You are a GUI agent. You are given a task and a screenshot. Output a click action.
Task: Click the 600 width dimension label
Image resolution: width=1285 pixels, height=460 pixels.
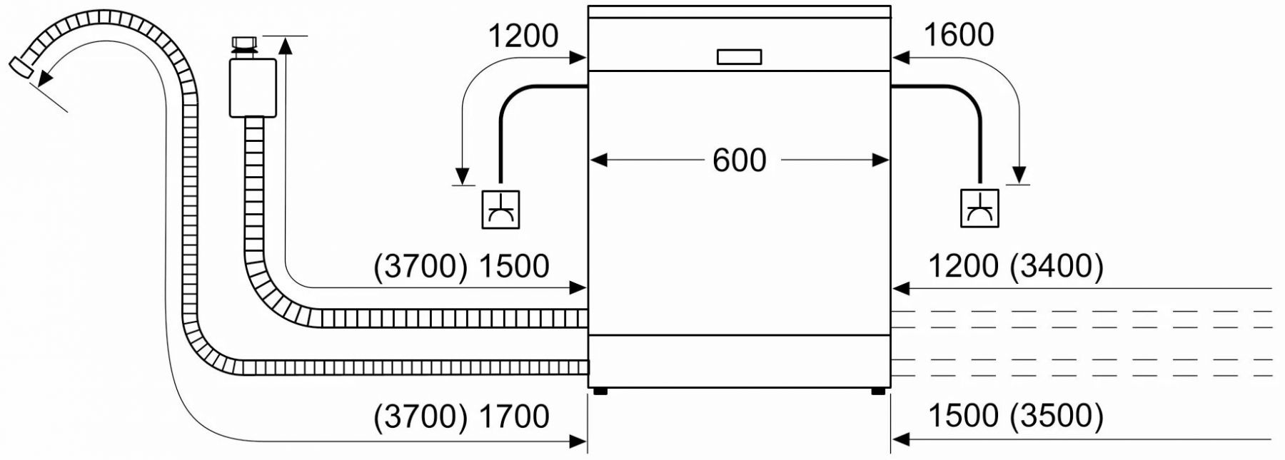coord(739,160)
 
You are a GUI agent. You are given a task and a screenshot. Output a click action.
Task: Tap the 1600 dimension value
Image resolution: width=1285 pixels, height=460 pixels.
coord(958,35)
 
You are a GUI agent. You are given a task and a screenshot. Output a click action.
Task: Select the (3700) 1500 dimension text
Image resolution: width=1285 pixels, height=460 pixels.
coord(461,266)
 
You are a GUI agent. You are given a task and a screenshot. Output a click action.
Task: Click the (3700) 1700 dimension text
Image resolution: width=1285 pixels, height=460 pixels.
coord(461,416)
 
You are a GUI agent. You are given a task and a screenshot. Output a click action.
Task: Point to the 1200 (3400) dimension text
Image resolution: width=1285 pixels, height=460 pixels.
coord(1015,266)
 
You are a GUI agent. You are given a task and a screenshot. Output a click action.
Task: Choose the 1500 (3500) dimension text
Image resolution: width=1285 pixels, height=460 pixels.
coord(1015,416)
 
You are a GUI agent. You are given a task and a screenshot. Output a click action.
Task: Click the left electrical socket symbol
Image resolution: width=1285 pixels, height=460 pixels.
coord(500,210)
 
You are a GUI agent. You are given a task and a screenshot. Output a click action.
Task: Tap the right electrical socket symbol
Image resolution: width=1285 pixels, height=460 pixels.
coord(979,208)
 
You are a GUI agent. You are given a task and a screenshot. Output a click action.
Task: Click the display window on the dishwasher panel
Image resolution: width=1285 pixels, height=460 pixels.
coord(739,57)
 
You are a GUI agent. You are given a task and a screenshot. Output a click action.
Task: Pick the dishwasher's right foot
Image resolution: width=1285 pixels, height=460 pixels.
coord(877,391)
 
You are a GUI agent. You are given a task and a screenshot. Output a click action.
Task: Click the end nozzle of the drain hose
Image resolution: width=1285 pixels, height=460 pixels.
coord(21,67)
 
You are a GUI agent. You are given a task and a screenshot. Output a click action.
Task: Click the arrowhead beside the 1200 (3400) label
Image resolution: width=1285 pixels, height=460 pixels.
coord(901,288)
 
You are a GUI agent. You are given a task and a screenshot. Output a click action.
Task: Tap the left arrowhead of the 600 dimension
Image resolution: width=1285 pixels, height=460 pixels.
coord(598,160)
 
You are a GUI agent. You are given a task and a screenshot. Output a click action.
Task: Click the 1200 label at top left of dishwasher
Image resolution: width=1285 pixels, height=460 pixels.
coord(523,36)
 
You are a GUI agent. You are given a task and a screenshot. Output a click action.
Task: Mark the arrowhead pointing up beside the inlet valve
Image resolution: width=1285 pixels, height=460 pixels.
coord(286,46)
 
